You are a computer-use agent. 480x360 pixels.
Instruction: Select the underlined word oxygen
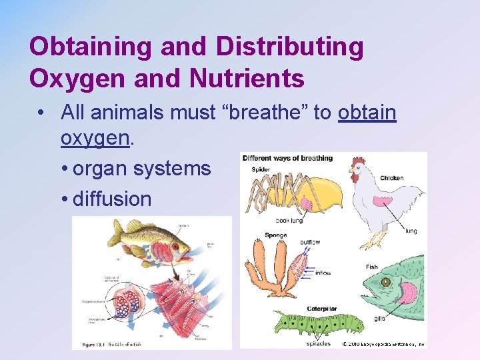(94, 138)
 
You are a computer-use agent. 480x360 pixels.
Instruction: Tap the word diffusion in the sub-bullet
(112, 199)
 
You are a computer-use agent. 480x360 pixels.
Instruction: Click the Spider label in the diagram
(261, 170)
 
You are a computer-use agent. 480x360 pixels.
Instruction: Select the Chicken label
(391, 178)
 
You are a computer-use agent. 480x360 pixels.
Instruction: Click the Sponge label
(275, 235)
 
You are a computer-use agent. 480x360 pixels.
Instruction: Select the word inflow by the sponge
(323, 273)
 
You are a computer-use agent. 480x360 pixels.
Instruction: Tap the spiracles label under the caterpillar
(318, 343)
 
